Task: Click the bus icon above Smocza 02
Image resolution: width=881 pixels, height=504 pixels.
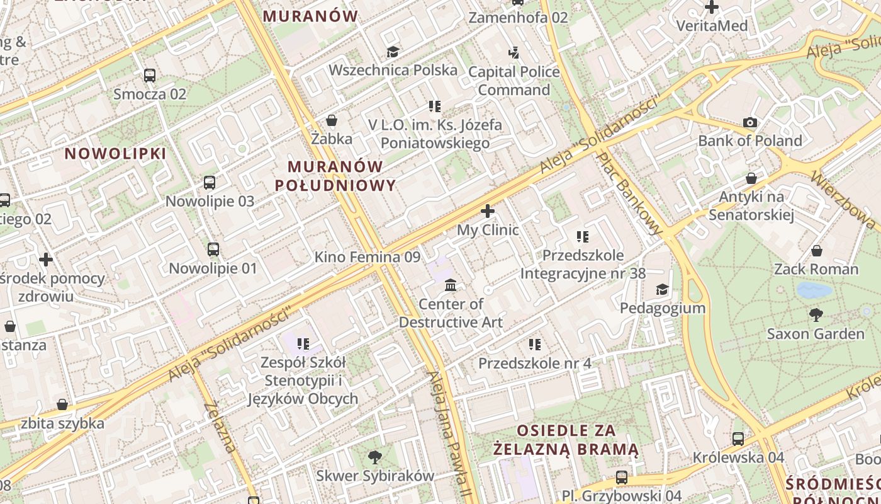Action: click(x=150, y=76)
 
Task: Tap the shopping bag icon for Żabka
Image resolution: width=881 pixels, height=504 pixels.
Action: click(x=332, y=120)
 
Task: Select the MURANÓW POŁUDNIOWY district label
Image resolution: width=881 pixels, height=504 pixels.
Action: click(x=335, y=176)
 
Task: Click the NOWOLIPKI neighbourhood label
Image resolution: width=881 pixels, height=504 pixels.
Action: click(x=115, y=153)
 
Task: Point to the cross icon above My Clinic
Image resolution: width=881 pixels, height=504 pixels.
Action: click(x=488, y=211)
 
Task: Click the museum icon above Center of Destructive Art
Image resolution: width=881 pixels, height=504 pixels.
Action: click(x=451, y=285)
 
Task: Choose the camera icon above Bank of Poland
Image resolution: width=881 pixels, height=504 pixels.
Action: click(x=750, y=122)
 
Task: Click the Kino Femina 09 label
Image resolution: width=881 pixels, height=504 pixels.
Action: click(x=367, y=257)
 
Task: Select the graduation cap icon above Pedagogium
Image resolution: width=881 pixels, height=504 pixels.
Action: click(x=663, y=289)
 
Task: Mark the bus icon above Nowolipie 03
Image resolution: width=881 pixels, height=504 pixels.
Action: click(x=210, y=183)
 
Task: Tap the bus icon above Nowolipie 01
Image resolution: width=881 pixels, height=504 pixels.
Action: click(x=213, y=249)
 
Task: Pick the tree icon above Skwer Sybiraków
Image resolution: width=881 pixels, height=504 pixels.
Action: click(x=375, y=457)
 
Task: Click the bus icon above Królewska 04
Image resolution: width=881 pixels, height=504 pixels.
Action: click(x=738, y=438)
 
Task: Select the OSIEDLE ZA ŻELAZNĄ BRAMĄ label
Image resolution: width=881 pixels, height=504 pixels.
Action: click(x=566, y=440)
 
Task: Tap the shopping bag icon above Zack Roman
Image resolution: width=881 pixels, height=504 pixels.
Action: click(x=816, y=251)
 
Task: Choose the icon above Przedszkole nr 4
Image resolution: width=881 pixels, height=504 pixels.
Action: click(x=535, y=345)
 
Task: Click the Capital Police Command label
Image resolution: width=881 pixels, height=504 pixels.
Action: click(x=513, y=81)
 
